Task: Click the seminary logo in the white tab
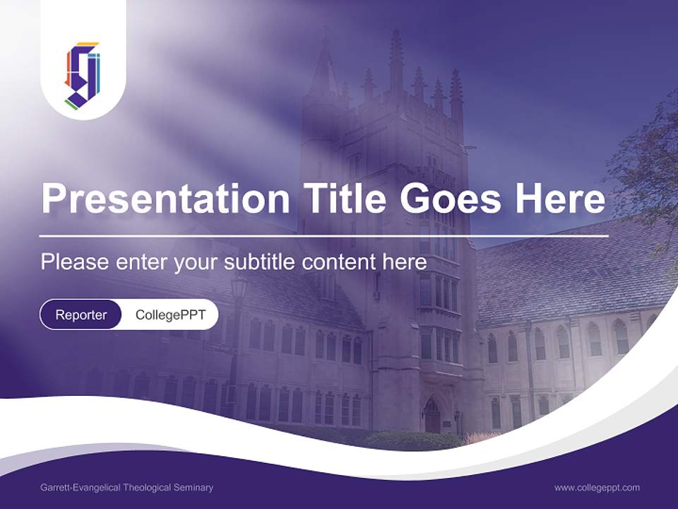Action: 83,74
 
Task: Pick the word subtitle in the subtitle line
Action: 260,262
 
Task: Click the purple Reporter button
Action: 81,315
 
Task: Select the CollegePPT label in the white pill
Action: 169,315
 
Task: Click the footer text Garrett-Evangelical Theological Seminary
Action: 127,488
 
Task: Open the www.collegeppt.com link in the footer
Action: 597,488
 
